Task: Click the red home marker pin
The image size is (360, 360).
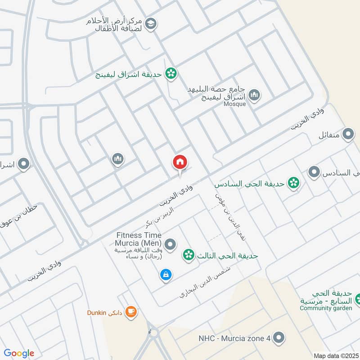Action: tap(180, 162)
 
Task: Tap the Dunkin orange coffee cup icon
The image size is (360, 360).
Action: tap(131, 311)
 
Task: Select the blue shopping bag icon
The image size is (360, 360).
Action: tap(166, 274)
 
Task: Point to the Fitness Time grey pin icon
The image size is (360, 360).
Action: tap(170, 245)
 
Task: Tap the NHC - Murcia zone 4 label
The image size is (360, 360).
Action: tap(234, 338)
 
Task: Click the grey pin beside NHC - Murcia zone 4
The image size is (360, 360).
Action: tap(279, 337)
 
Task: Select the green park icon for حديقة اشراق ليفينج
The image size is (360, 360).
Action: tap(171, 73)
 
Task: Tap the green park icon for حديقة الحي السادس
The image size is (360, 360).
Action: tap(294, 183)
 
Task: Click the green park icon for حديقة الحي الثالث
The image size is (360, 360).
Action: tap(189, 256)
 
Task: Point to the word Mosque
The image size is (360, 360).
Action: tap(234, 104)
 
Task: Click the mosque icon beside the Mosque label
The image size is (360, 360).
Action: tap(254, 95)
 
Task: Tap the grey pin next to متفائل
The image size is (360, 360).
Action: tap(348, 134)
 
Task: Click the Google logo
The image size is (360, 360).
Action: tap(19, 353)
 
